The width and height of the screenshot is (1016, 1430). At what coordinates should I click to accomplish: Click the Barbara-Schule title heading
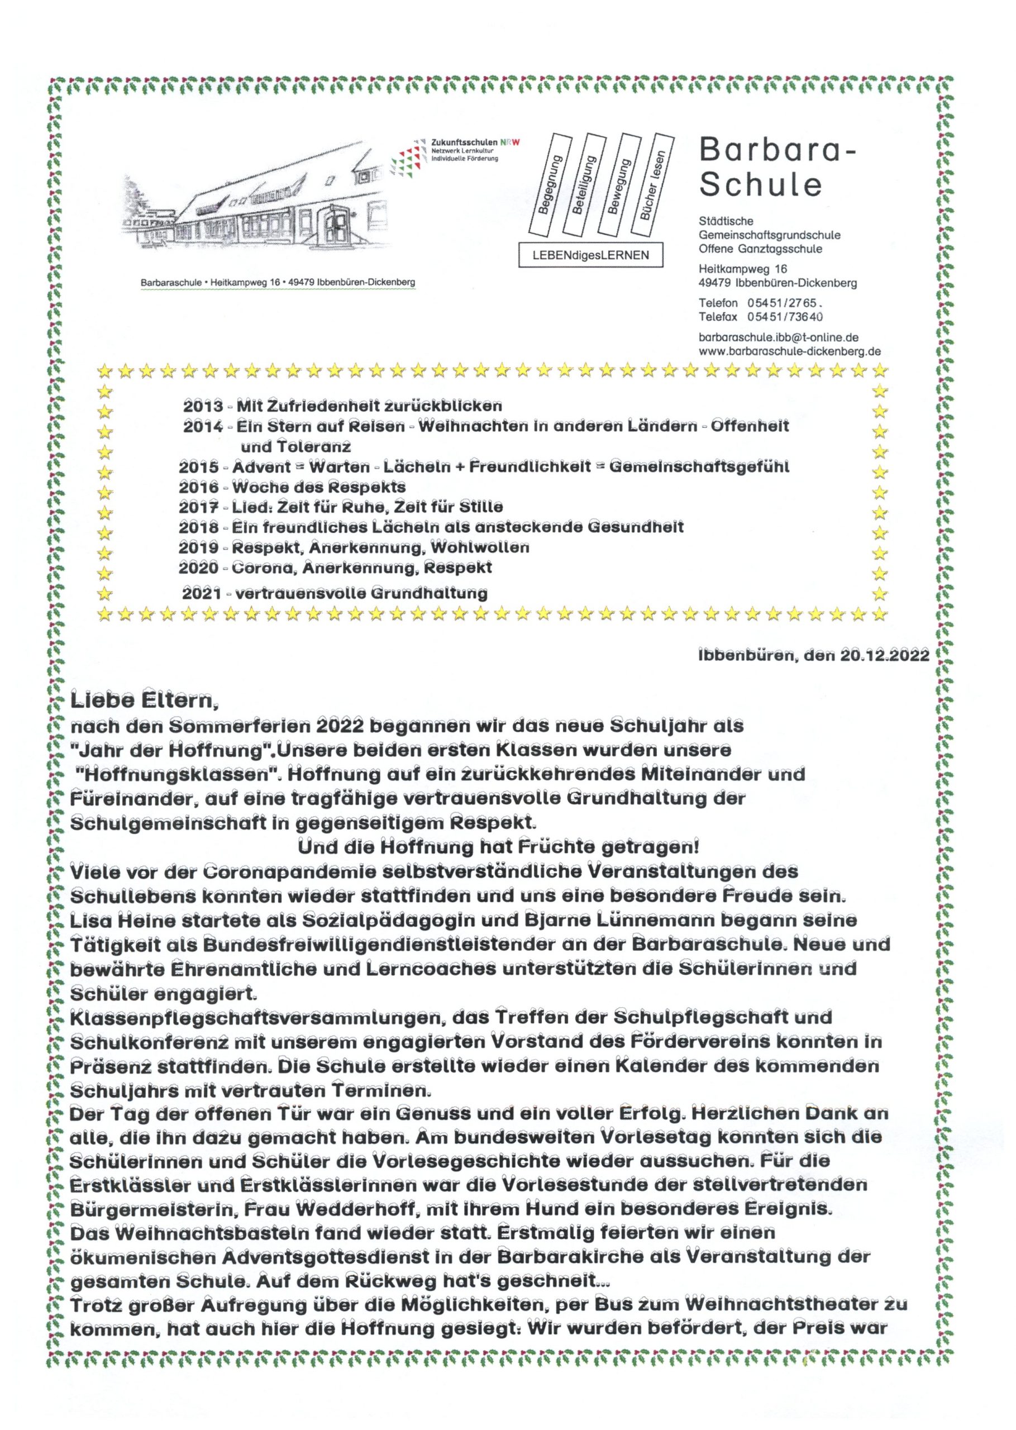776,166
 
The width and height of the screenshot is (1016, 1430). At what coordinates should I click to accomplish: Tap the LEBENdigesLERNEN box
590,255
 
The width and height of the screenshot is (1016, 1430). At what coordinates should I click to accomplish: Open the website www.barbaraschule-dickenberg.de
790,351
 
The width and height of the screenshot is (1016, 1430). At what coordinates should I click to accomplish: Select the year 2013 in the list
203,407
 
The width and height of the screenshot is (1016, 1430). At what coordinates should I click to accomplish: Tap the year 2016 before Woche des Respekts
198,487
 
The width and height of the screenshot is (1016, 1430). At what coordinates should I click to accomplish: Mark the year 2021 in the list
202,593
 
